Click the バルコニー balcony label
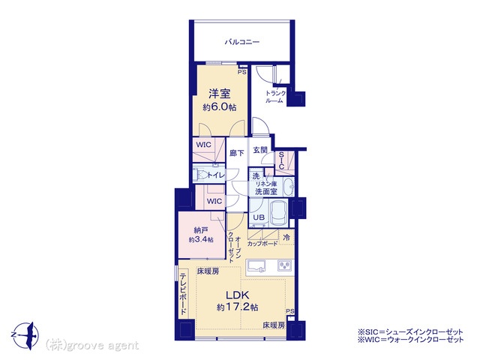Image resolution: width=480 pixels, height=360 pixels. tap(242, 42)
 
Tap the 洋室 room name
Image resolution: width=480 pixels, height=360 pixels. tap(220, 94)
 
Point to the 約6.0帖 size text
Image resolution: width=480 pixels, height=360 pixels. tap(220, 107)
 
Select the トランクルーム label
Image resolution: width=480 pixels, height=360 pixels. tap(275, 97)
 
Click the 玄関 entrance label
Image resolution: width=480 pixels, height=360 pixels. tap(260, 150)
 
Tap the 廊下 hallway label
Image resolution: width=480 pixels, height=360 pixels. tap(237, 153)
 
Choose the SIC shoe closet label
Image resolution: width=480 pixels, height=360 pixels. tap(281, 160)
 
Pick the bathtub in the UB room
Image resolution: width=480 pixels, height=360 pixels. tap(278, 212)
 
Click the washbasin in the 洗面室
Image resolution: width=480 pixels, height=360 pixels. tap(288, 187)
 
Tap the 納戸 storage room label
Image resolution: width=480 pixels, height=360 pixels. tap(201, 230)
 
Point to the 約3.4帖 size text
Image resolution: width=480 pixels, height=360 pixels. tap(201, 239)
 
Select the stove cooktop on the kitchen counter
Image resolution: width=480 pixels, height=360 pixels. tap(285, 265)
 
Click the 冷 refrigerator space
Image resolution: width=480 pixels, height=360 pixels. tap(286, 237)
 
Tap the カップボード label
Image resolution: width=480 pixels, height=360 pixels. tap(262, 244)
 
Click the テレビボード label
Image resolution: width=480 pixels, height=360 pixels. tap(183, 294)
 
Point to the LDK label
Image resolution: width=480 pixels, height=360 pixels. tap(237, 295)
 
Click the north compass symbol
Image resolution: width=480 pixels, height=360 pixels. tap(26, 335)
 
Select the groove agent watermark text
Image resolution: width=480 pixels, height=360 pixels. tap(92, 346)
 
